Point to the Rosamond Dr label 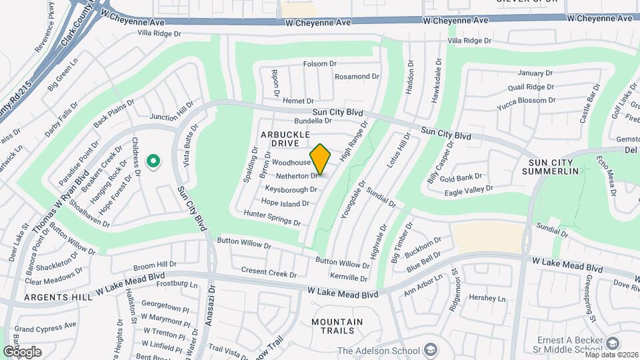pyautogui.click(x=356, y=77)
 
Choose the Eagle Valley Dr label pyautogui.click(x=469, y=189)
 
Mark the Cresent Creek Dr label pyautogui.click(x=269, y=273)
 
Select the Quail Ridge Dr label pyautogui.click(x=531, y=87)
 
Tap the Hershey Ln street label pyautogui.click(x=487, y=299)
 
